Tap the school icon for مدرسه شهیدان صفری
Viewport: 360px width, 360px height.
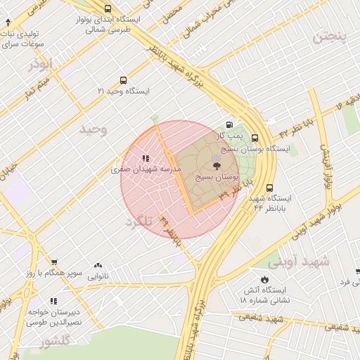click(x=146, y=160)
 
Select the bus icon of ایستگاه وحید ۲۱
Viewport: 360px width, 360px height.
click(x=124, y=80)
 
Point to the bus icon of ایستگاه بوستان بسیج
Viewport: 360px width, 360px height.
click(x=254, y=139)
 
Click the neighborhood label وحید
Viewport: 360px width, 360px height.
click(x=93, y=129)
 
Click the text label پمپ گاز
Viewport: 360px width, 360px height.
click(x=229, y=134)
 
